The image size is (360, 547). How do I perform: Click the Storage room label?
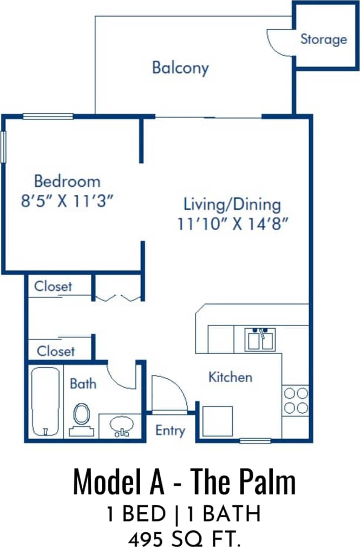323,39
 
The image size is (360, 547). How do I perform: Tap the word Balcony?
180,68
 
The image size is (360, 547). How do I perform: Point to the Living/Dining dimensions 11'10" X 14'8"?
232,224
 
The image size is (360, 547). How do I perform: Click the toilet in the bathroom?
82,414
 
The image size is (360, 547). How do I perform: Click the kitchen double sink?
261,340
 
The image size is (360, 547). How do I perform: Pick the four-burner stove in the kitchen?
296,400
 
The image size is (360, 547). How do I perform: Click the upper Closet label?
53,286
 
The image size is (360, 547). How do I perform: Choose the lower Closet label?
56,351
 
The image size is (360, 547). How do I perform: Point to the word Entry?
170,431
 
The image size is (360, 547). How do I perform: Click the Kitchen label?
230,376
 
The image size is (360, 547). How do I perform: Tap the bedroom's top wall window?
48,116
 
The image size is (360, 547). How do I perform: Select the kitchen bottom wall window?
255,440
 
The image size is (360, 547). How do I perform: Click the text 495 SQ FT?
184,538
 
